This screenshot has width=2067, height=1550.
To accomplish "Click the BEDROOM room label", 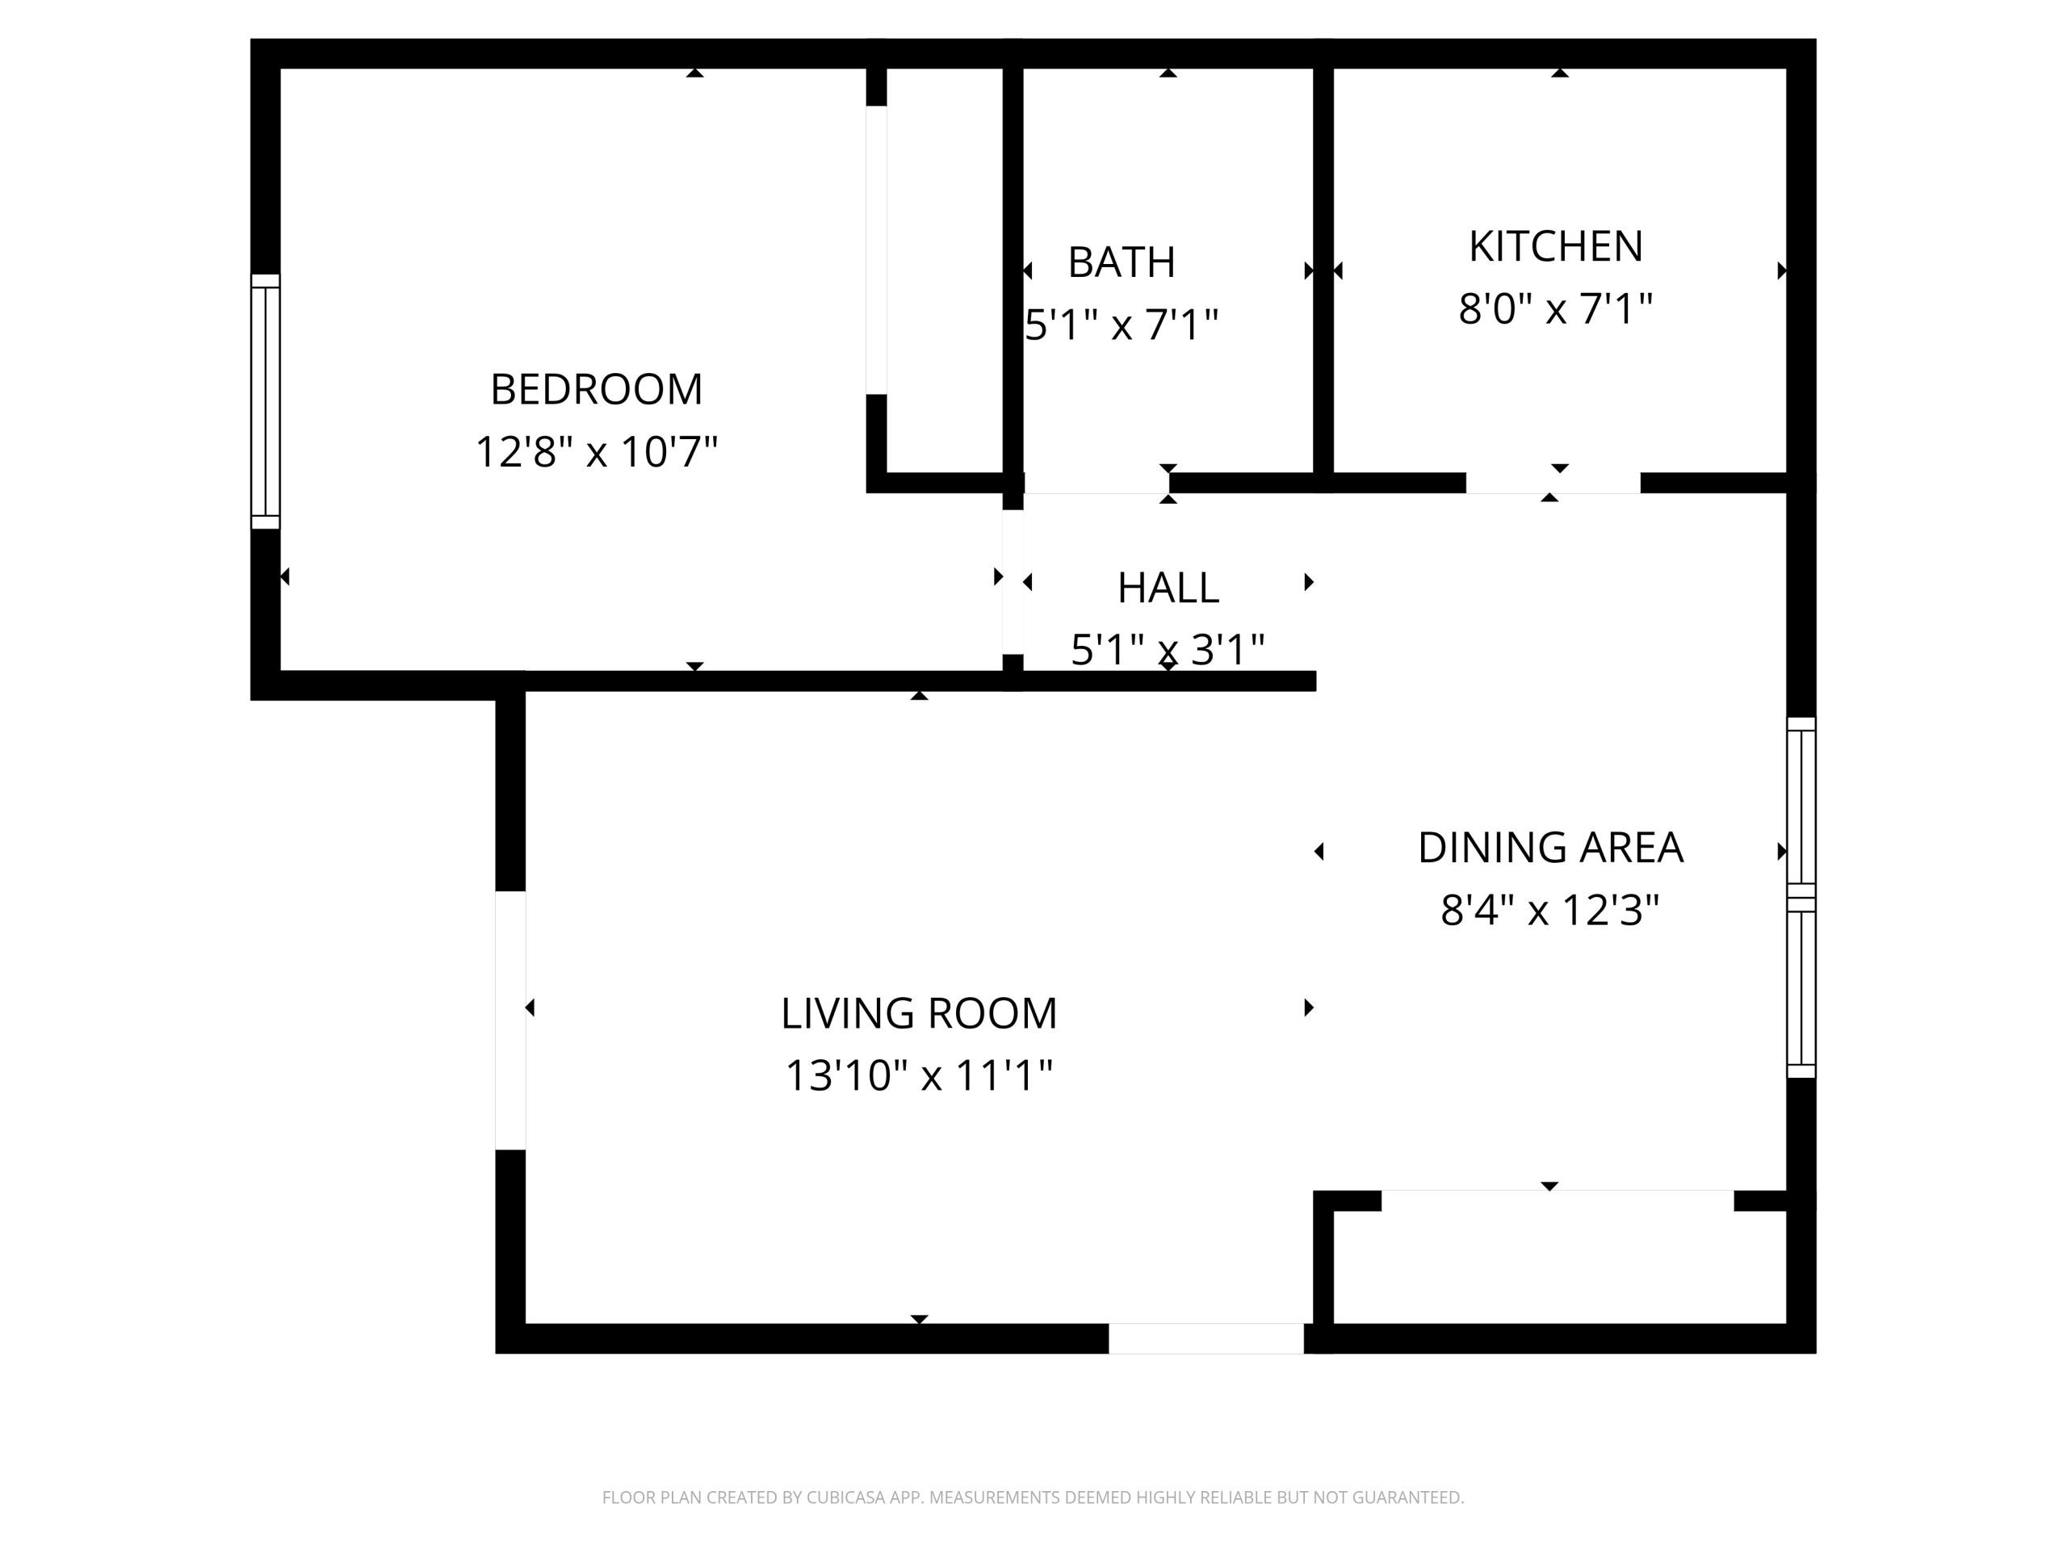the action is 596,390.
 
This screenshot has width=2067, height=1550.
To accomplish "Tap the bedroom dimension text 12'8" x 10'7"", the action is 596,451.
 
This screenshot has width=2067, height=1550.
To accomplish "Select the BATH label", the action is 1122,262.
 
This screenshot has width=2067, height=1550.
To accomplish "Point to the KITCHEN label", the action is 1556,247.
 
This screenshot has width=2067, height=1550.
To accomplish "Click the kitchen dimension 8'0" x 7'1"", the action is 1556,308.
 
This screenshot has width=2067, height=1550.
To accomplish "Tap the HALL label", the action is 1168,588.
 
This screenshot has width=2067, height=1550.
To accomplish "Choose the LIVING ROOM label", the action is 919,1013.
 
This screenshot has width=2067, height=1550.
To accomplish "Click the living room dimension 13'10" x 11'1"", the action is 919,1075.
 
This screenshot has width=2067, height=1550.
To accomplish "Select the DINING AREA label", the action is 1550,848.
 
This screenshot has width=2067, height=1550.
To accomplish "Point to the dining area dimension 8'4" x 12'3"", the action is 1550,910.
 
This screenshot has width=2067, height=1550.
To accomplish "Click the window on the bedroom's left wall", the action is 266,402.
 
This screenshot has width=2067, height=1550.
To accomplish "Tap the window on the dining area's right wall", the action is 1801,897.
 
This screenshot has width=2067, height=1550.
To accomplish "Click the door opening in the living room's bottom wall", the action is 1206,1338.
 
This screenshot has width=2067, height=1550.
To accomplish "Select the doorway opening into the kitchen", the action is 1553,483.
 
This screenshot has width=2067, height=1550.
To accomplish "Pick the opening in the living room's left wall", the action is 510,1020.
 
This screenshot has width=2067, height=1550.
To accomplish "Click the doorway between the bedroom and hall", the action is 1013,582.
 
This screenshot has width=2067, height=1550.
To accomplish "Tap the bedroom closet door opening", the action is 877,250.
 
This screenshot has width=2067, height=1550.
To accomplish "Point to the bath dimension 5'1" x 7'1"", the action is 1122,325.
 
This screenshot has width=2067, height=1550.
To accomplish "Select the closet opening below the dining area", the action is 1558,1200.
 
